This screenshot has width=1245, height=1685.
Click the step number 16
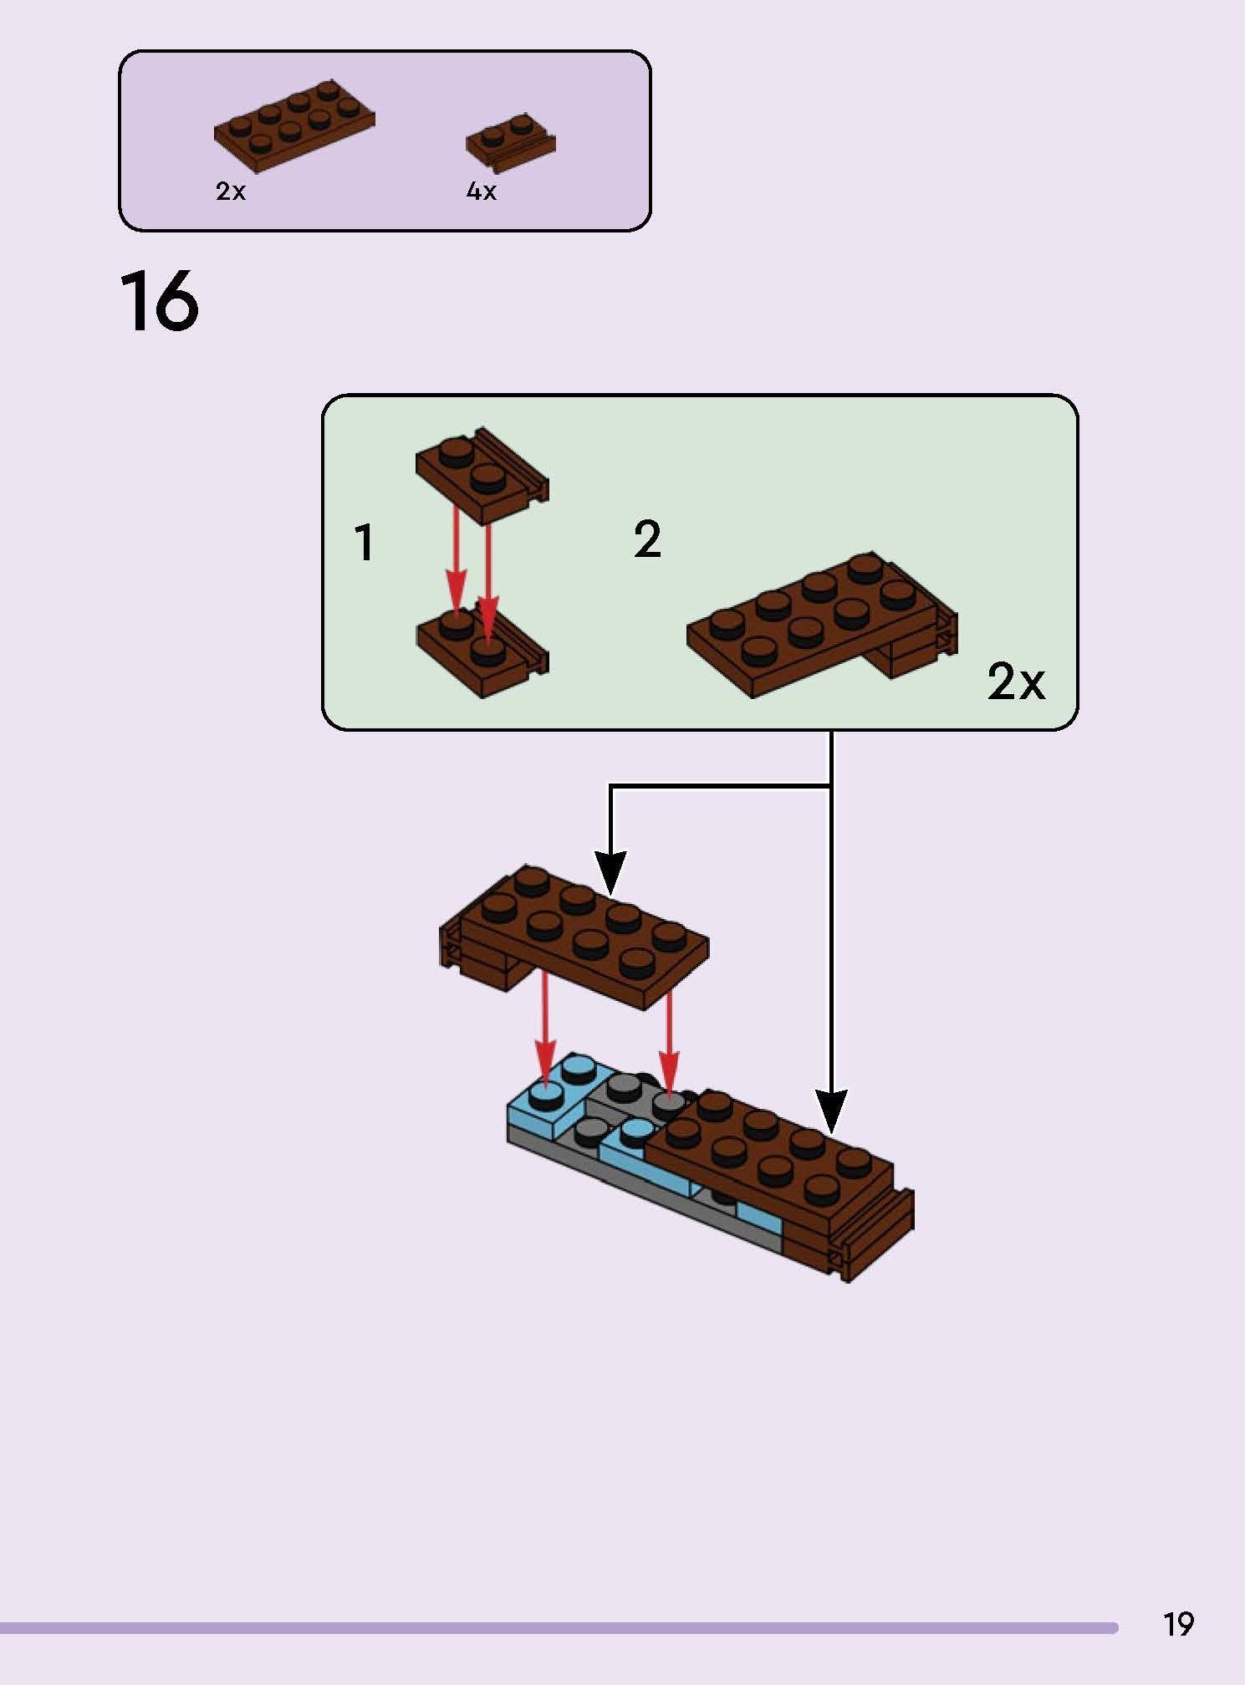click(159, 302)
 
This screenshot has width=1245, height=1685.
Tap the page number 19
click(1177, 1624)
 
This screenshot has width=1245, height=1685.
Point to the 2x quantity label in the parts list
click(231, 191)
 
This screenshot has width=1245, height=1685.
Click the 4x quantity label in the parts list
click(481, 191)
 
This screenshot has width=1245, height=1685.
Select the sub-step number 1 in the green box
click(365, 543)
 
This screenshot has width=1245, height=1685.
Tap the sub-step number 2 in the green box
click(647, 539)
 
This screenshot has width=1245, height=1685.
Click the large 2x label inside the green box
click(1015, 682)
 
